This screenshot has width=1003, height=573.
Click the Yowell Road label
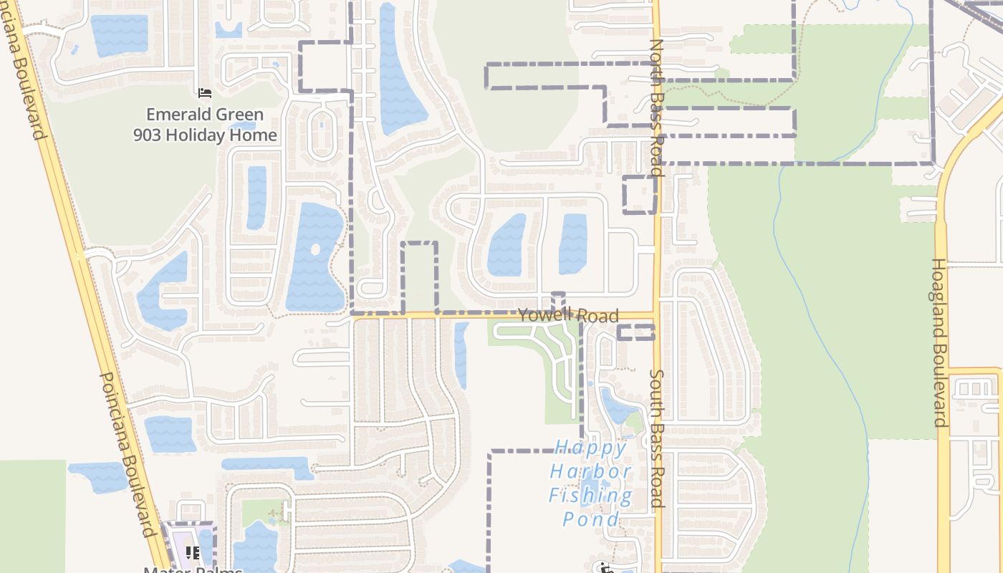click(568, 315)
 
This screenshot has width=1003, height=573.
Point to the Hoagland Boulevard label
click(939, 342)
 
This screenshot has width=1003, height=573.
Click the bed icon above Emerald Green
click(204, 93)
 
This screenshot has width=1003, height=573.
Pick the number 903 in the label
click(148, 135)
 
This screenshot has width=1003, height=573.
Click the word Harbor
click(591, 471)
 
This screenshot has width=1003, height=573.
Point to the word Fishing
click(591, 495)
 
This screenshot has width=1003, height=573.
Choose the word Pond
click(591, 519)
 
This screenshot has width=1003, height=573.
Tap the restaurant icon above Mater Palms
click(193, 552)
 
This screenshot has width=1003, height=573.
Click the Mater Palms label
click(193, 569)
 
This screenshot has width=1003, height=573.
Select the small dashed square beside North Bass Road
click(639, 194)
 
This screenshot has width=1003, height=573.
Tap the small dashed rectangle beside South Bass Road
click(635, 332)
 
